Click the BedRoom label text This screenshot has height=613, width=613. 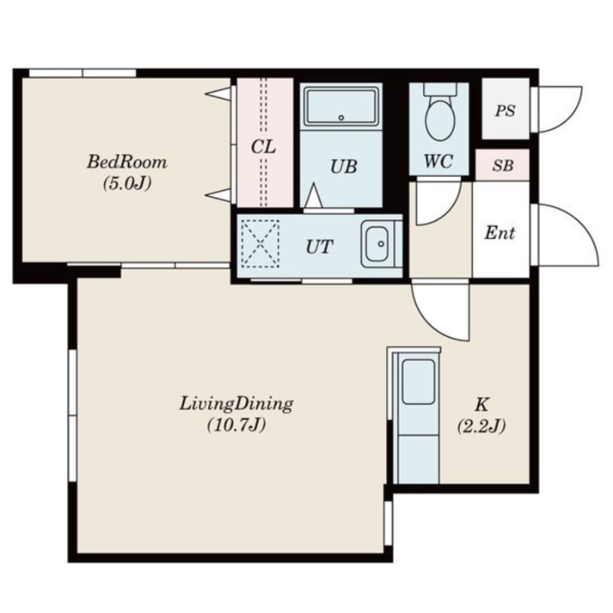pos(127,162)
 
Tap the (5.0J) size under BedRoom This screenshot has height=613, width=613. pos(127,183)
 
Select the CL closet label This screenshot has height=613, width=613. pos(263,147)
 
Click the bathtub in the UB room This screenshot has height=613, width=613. pos(341,107)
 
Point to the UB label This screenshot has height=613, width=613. pos(343,166)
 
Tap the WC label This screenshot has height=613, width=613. pos(438,161)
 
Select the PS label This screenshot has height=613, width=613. pos(505,110)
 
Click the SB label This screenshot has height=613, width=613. pos(503,166)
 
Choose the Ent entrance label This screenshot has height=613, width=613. pos(500,234)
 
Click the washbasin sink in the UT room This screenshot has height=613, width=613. pos(377,244)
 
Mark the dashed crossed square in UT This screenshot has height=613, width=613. pos(260,243)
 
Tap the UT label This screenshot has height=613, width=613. pos(319,247)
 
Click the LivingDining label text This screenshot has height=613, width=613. pos(236,405)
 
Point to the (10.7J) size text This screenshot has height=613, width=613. pos(236,425)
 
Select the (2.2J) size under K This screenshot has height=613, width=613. pos(481,426)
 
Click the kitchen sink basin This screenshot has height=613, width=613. pos(418,382)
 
